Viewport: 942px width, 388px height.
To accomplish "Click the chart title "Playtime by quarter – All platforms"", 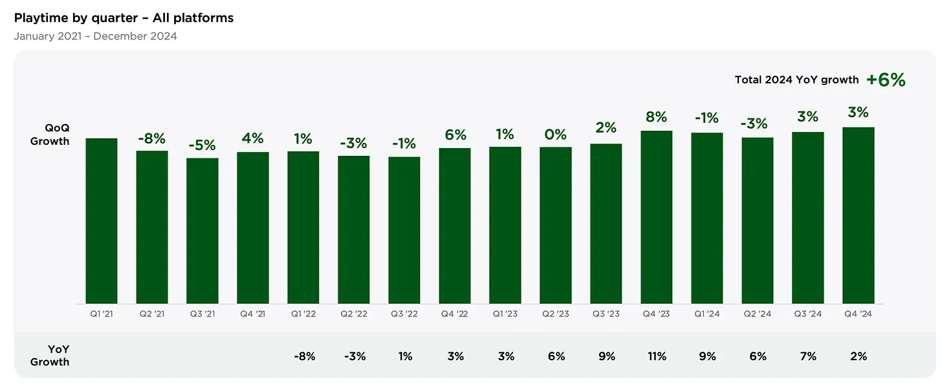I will [124, 18].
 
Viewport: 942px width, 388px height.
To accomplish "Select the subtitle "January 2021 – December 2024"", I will [95, 36].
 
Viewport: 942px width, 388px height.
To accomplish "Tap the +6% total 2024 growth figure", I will [886, 80].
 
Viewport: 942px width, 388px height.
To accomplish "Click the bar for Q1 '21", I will [102, 221].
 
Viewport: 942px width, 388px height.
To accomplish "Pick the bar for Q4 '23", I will [657, 217].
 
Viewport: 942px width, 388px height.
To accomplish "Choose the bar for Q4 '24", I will [859, 215].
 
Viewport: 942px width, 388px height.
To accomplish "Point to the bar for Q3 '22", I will [404, 230].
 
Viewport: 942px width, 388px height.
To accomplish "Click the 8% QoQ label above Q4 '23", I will [657, 117].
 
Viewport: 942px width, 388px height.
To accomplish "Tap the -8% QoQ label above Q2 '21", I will [151, 138].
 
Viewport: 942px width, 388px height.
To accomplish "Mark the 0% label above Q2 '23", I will [556, 135].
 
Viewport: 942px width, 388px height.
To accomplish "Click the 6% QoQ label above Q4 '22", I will [455, 135].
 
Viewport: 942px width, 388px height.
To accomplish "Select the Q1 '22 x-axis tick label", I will [303, 314].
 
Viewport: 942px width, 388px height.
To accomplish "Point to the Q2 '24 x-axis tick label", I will [758, 314].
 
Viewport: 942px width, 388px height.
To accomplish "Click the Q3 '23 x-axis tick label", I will [606, 314].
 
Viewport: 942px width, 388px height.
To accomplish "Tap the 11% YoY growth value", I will [657, 356].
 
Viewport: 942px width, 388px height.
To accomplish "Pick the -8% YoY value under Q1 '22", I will [303, 356].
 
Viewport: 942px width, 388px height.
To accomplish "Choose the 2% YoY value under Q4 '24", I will [859, 356].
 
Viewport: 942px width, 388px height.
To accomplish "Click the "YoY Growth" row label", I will [50, 356].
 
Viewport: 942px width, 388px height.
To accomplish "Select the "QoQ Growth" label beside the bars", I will [50, 135].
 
